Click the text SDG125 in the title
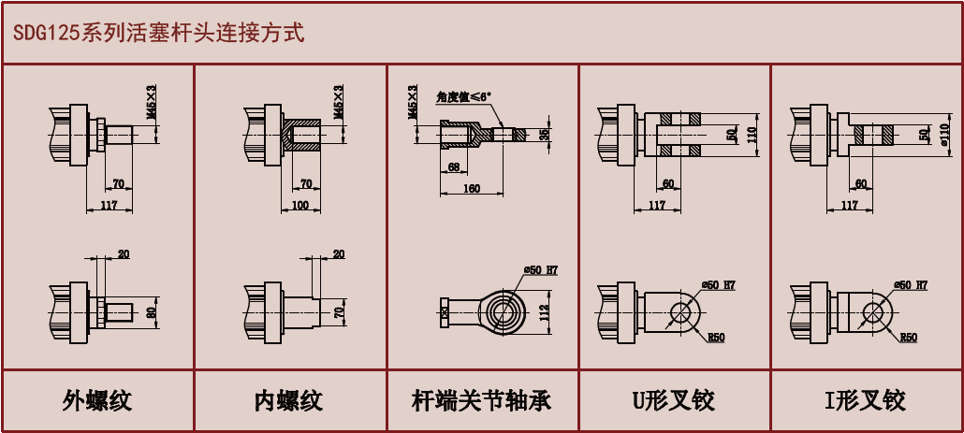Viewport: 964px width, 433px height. tap(47, 33)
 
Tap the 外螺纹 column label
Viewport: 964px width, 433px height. tap(97, 401)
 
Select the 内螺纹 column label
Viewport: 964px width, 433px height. tap(288, 401)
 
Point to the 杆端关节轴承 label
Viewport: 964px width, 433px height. tap(481, 401)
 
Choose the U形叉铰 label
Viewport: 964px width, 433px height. tap(674, 401)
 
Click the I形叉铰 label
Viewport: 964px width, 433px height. tap(865, 401)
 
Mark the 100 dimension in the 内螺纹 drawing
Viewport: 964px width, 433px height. tap(299, 204)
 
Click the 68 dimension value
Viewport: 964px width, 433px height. tap(454, 168)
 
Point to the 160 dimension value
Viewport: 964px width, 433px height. tap(471, 189)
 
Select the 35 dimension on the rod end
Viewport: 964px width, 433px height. tap(545, 135)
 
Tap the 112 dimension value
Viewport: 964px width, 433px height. tap(544, 310)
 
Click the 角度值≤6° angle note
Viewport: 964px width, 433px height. tap(463, 96)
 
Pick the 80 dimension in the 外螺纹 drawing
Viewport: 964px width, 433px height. tap(152, 310)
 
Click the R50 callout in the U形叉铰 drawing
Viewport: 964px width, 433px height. tap(717, 337)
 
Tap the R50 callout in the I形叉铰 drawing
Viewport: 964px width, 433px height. tap(908, 337)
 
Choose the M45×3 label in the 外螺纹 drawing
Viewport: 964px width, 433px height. tap(152, 102)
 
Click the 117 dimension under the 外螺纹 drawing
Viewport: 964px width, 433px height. tap(109, 205)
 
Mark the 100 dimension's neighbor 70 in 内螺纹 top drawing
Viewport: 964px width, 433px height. tap(306, 183)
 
